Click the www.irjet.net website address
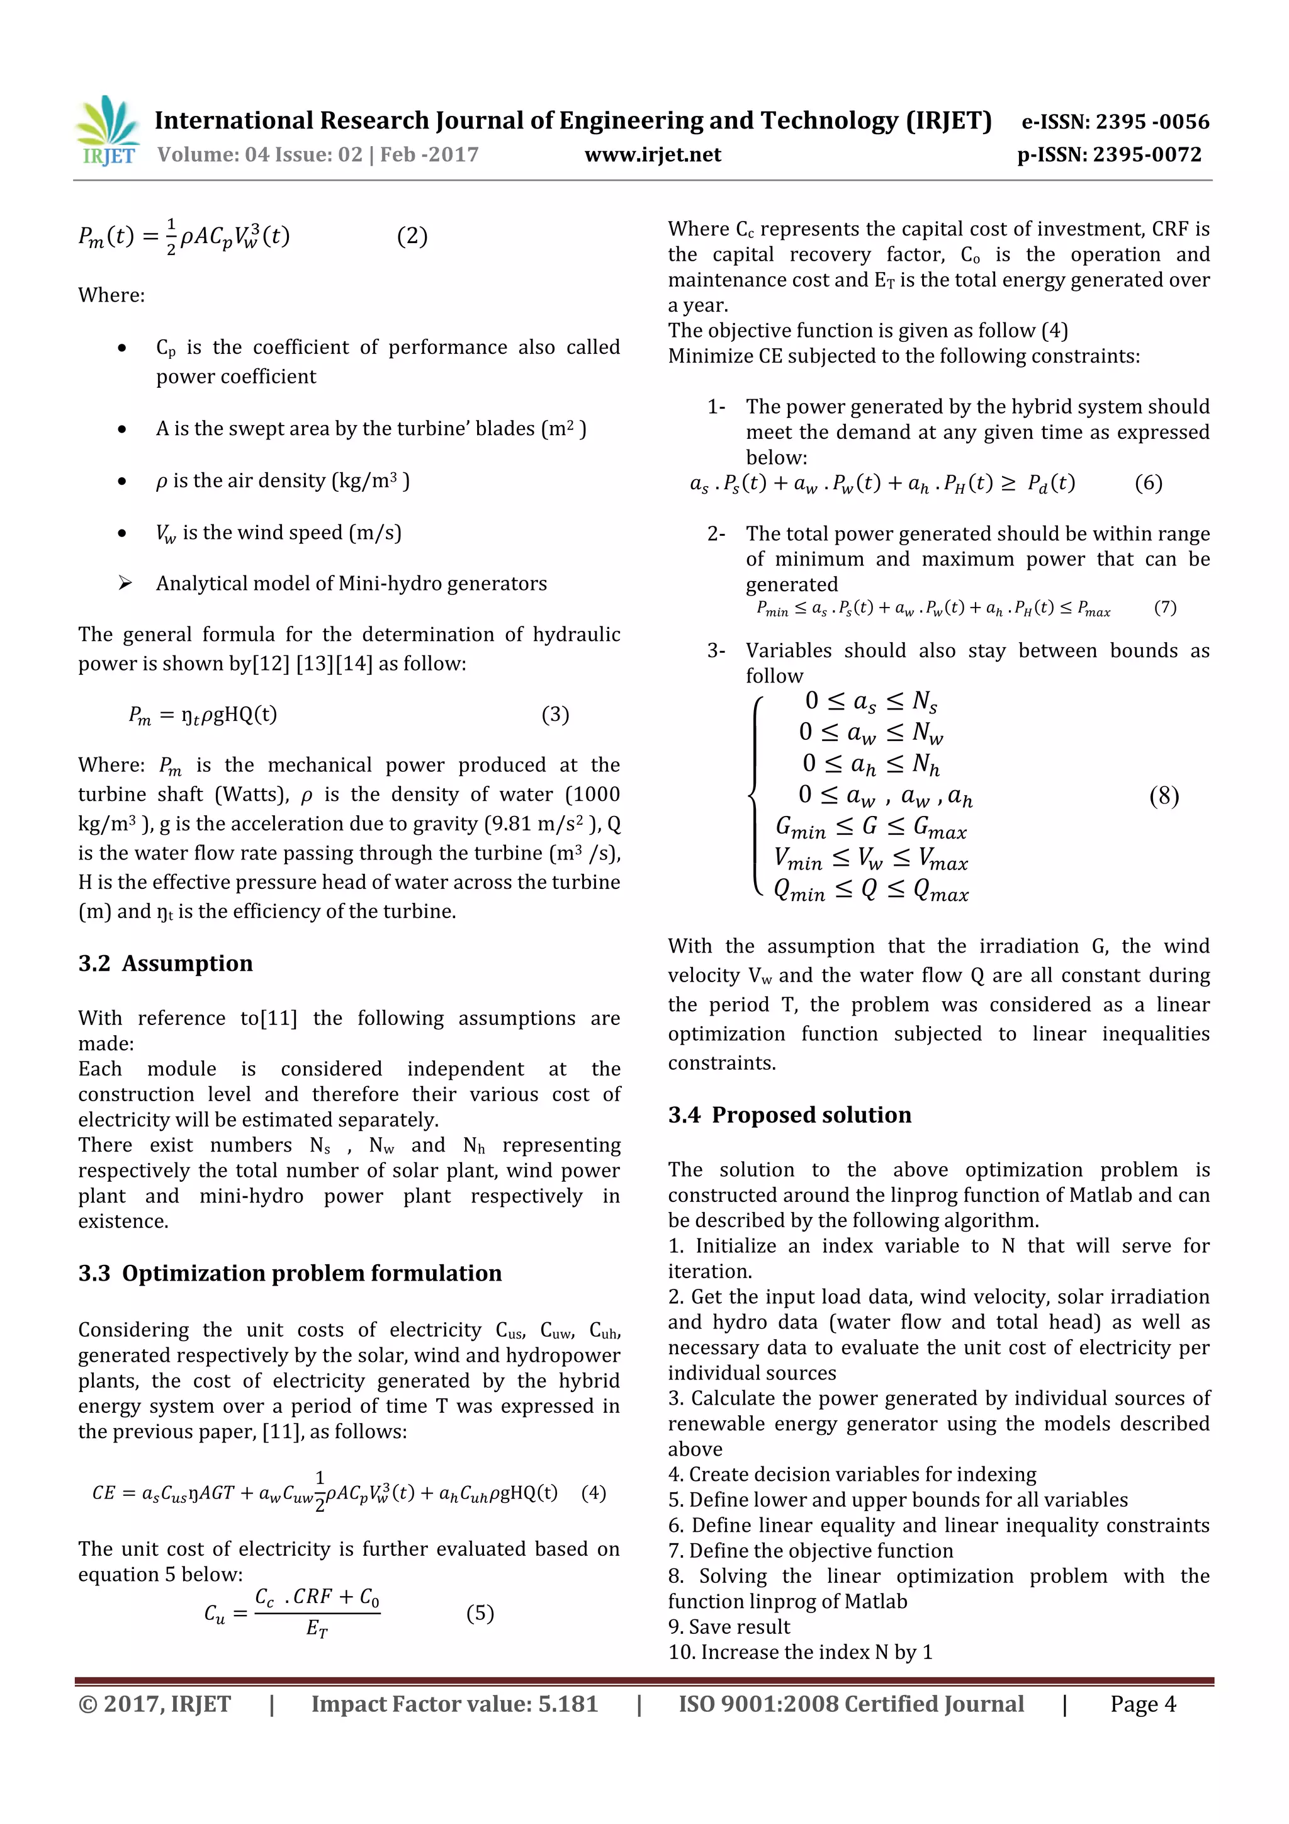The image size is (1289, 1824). tap(653, 155)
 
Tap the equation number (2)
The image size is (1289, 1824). tap(412, 236)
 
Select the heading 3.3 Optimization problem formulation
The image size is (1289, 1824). tap(290, 1274)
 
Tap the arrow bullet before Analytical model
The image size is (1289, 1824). tap(125, 584)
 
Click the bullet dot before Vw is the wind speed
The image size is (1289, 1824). tap(121, 533)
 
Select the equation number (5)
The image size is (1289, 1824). tap(480, 1614)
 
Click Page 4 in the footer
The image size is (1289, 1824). tap(1143, 1705)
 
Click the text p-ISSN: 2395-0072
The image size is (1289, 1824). tap(1110, 155)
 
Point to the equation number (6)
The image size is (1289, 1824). tap(1149, 483)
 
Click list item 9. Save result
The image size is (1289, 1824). tap(729, 1627)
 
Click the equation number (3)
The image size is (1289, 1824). tap(555, 715)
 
